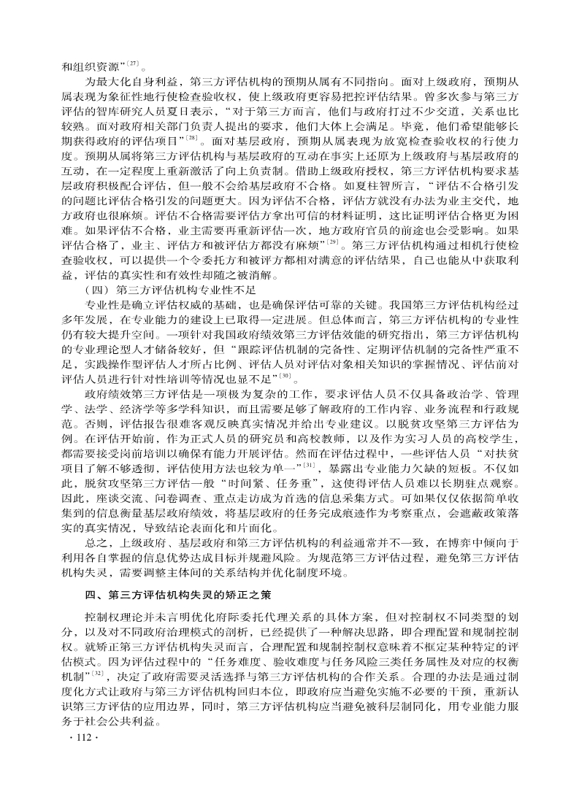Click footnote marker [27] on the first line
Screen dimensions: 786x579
coord(134,63)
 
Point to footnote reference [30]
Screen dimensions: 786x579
coord(287,376)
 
